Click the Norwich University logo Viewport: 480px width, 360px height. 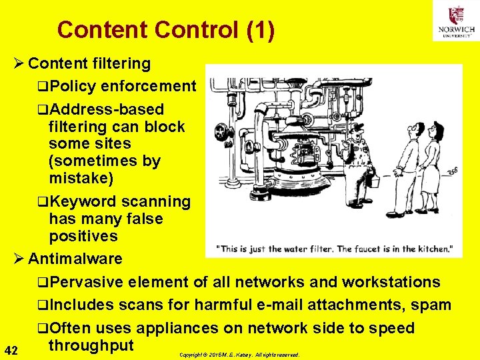pos(456,21)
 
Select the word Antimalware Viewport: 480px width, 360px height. pos(75,259)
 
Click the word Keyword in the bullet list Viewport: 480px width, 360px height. pos(82,201)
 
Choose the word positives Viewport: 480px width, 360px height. pos(83,236)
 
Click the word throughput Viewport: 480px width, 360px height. pos(91,345)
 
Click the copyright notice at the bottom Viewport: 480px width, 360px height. pos(240,355)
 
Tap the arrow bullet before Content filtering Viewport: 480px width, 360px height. pos(19,64)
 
